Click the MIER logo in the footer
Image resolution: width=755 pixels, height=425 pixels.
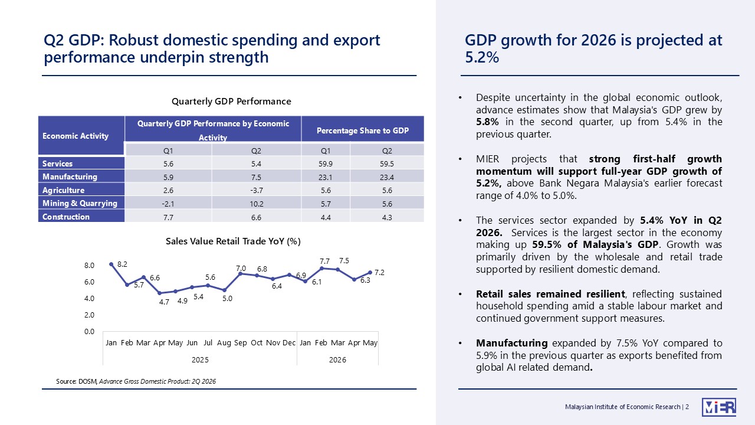[719, 407]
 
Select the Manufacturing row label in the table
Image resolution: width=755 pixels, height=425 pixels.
[70, 176]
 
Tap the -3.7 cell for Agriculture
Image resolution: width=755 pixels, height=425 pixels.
[256, 191]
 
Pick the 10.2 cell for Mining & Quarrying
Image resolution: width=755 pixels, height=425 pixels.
[256, 204]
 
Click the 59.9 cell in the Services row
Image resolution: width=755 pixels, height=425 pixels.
[325, 164]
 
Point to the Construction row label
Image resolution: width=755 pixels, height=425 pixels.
[66, 217]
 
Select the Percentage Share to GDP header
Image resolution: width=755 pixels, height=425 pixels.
[363, 130]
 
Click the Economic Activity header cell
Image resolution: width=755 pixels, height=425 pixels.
[75, 136]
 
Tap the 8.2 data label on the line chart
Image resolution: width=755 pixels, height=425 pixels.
[122, 264]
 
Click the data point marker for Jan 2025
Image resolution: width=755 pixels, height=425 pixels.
[111, 264]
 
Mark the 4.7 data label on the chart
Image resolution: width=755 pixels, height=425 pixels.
[164, 302]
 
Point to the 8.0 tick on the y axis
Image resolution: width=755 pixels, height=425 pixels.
[89, 266]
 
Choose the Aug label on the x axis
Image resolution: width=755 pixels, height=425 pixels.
[224, 343]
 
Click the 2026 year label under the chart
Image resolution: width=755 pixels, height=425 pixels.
[337, 360]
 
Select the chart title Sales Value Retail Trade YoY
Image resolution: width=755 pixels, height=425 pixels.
[233, 241]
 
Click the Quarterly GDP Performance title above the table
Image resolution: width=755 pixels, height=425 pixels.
[231, 102]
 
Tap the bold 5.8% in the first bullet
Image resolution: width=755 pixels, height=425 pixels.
[487, 122]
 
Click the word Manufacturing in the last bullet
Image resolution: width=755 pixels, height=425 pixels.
[511, 343]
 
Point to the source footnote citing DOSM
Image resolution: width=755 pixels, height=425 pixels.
[136, 381]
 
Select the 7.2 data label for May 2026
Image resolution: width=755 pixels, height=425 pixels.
[379, 273]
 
